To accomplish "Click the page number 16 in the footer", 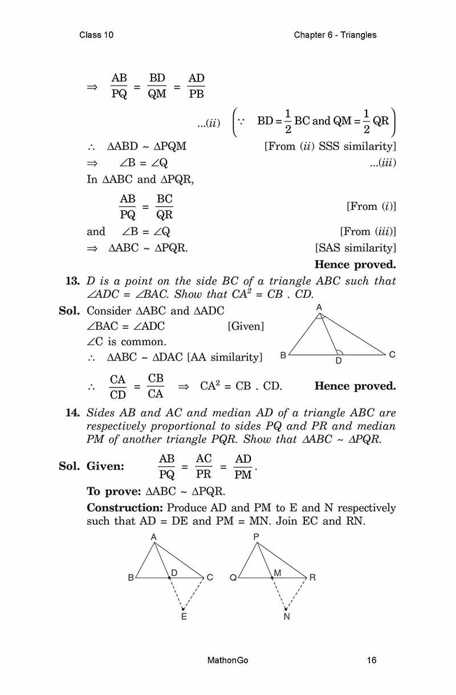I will click(372, 661).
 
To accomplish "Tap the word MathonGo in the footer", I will click(228, 661).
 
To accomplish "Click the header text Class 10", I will click(97, 35).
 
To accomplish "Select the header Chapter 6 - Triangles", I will click(335, 35).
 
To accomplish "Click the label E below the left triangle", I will click(184, 617).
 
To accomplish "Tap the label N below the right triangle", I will click(286, 617).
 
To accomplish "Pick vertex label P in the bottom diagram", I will click(256, 537).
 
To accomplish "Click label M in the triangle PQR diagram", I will click(278, 572).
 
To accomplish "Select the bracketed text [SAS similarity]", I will click(355, 248).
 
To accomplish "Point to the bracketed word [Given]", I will click(245, 326).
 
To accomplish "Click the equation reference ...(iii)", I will click(382, 163).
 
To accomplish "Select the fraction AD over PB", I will click(196, 86).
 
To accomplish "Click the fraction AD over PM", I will click(243, 466).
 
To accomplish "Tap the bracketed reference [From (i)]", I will click(371, 207).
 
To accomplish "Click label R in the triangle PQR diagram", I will click(312, 577).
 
